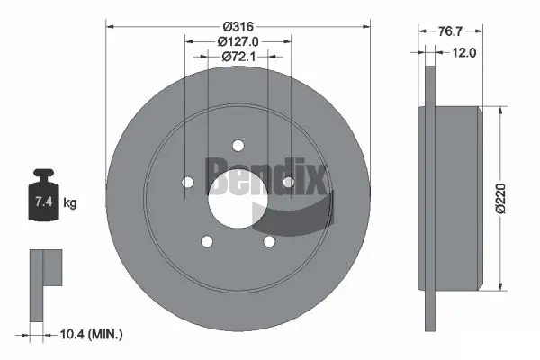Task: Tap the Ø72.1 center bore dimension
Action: tap(238, 56)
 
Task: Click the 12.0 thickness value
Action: tap(465, 52)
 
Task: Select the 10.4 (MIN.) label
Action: tap(90, 335)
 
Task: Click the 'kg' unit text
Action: tap(70, 203)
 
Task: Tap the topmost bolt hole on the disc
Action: tap(238, 146)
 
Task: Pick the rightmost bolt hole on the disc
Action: tap(288, 183)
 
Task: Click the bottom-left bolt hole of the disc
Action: tap(207, 241)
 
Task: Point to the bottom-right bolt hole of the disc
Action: tap(269, 241)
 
